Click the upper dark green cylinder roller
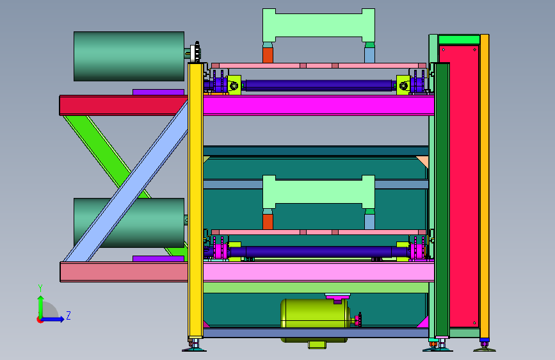129,56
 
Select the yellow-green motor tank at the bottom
314,313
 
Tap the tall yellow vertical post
195,200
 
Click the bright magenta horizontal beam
319,105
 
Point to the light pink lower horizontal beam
319,272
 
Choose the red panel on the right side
459,186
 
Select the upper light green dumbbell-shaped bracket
319,25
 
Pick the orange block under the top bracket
268,55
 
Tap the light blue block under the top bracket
369,55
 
